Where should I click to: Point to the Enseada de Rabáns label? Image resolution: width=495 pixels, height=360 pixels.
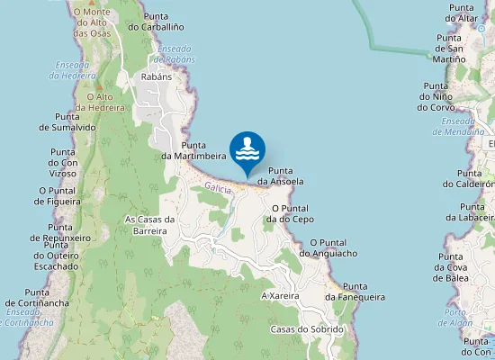click(174, 53)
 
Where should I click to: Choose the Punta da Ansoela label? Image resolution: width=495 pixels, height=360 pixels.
click(281, 175)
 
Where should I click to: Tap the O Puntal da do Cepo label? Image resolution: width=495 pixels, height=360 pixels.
click(292, 212)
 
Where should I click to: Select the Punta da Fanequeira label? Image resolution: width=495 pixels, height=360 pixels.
click(355, 291)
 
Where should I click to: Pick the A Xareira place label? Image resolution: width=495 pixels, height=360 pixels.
click(280, 295)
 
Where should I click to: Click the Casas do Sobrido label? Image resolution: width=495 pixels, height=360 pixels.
click(307, 329)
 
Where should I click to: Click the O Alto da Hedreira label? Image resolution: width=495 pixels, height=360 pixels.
click(100, 102)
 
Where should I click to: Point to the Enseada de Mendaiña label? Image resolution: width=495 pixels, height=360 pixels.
click(463, 126)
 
